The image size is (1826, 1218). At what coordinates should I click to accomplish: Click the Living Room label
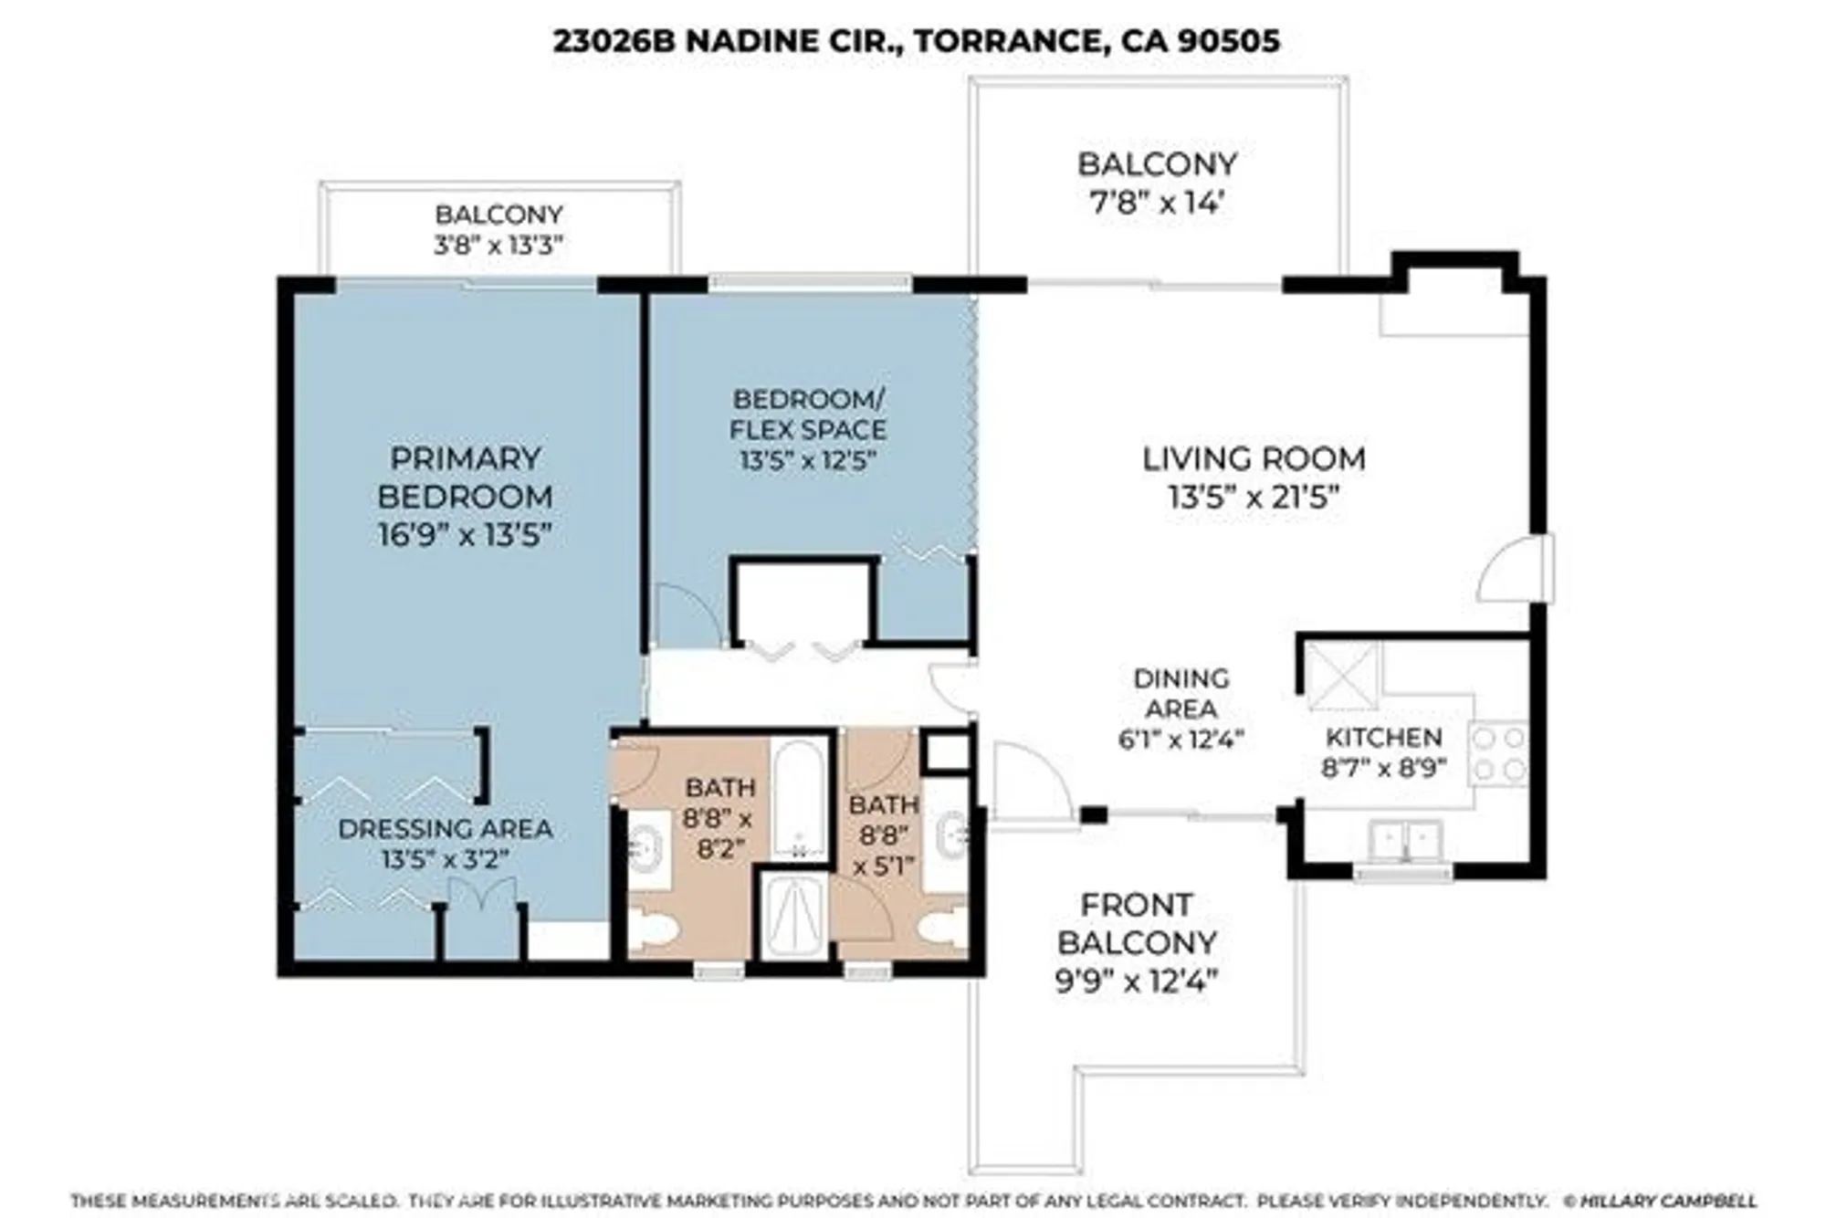point(1254,458)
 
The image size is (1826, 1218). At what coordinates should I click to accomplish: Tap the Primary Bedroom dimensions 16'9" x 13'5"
point(466,535)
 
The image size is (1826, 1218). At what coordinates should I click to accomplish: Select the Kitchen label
point(1384,737)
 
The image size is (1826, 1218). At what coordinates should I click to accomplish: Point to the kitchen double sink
point(1406,840)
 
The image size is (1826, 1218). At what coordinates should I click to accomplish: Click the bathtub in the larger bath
point(799,799)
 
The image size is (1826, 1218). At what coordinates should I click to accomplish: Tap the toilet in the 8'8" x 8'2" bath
point(655,931)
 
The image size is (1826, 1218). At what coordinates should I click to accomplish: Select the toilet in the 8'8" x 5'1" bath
point(942,931)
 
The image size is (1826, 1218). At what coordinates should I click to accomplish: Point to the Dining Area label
point(1181,693)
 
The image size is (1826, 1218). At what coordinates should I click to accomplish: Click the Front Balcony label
point(1137,923)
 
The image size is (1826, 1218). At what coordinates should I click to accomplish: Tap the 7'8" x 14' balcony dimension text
point(1157,203)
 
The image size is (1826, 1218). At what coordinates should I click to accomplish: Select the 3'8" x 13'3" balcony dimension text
point(498,245)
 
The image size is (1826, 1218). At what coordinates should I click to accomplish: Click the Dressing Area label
point(446,829)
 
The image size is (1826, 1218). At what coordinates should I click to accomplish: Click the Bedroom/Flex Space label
point(808,414)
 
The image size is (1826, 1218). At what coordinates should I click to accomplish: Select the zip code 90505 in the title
point(1228,41)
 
